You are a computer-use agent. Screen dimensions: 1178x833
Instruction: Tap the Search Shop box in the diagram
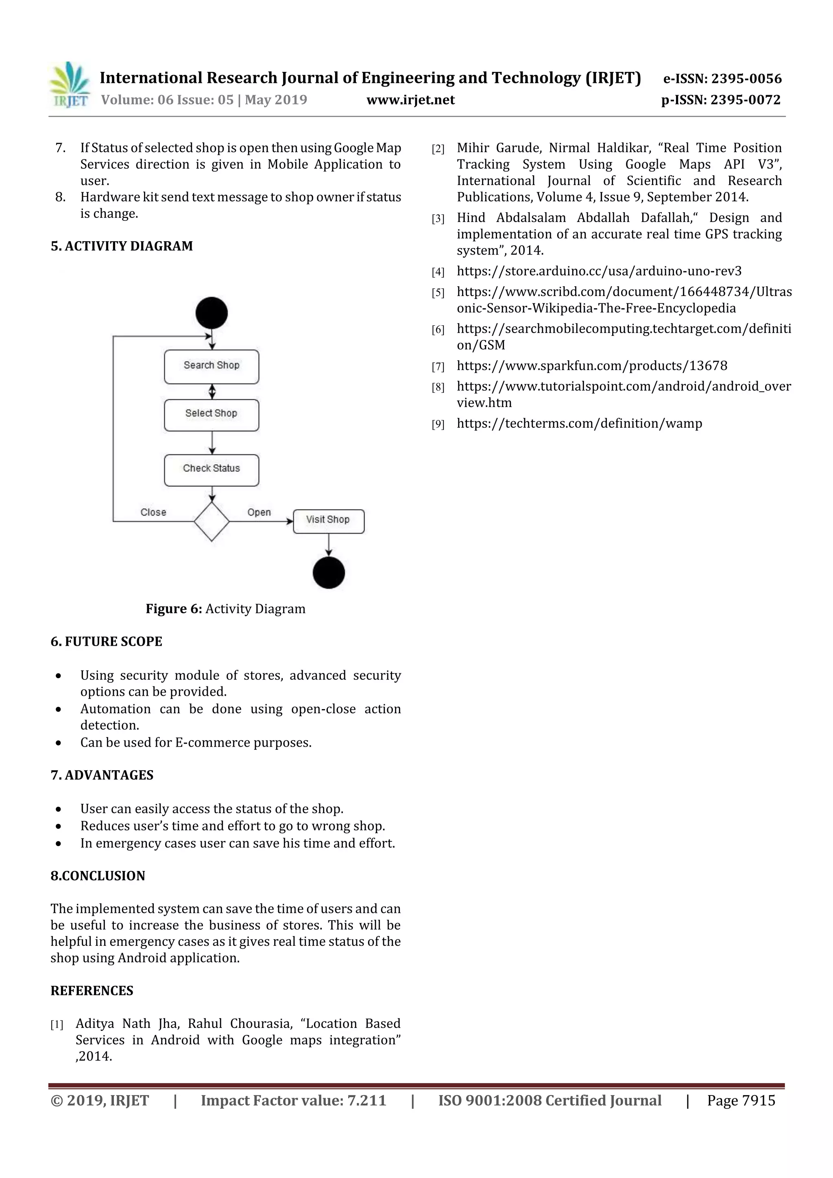212,366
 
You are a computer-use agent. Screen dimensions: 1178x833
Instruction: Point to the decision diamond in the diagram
212,521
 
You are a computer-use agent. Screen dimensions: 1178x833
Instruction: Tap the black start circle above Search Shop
212,312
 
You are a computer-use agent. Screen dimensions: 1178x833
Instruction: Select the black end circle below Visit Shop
329,573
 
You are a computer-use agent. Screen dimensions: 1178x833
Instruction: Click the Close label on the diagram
153,512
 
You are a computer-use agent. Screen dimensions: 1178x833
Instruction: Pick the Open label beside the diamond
259,512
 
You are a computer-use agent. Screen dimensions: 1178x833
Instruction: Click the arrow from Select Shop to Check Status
212,442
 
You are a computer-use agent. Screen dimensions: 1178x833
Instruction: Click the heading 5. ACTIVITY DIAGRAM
122,246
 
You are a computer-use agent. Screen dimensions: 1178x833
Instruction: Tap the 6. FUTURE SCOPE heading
106,641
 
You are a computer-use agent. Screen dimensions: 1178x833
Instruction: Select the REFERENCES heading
92,990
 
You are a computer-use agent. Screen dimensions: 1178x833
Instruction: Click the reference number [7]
438,366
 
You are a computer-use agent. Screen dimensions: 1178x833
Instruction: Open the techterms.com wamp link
579,423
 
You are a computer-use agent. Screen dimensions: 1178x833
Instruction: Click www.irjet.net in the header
410,100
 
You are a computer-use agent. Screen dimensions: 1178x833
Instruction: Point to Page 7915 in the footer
741,1100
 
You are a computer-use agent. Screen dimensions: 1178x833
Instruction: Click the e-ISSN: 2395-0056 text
722,78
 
